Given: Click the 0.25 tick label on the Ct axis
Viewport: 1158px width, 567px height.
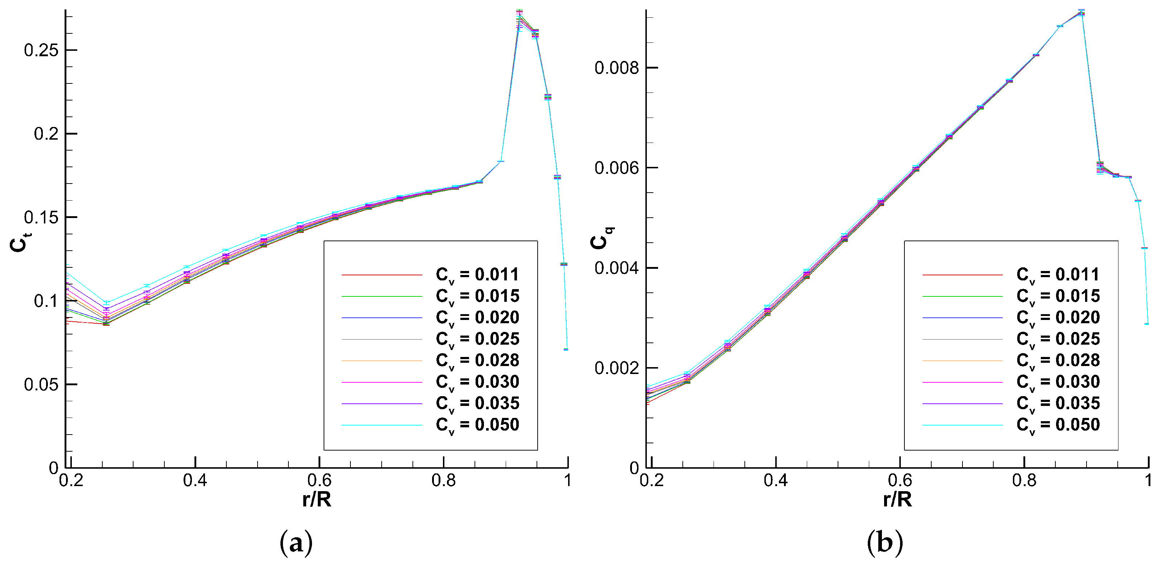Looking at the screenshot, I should [x=41, y=50].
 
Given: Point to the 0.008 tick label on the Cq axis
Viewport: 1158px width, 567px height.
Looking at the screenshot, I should [x=616, y=68].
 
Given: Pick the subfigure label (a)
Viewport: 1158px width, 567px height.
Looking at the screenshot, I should [x=296, y=542].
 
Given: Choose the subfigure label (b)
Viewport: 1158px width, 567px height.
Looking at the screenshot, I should [x=884, y=542].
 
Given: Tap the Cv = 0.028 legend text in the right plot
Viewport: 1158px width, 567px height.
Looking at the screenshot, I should [x=1058, y=361].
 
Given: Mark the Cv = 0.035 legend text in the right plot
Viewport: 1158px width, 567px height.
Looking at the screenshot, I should [x=1058, y=404].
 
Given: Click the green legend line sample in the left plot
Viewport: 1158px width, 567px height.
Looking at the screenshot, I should [x=382, y=296].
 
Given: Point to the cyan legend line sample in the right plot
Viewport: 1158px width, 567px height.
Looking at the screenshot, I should [x=962, y=425].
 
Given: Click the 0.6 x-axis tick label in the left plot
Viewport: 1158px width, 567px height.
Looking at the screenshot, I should [x=319, y=481].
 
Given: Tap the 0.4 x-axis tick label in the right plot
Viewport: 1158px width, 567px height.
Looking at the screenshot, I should [x=776, y=481].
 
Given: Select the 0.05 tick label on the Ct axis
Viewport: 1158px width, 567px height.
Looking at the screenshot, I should [x=41, y=385].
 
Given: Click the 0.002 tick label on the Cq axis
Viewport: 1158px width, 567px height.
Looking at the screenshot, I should [x=616, y=368].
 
